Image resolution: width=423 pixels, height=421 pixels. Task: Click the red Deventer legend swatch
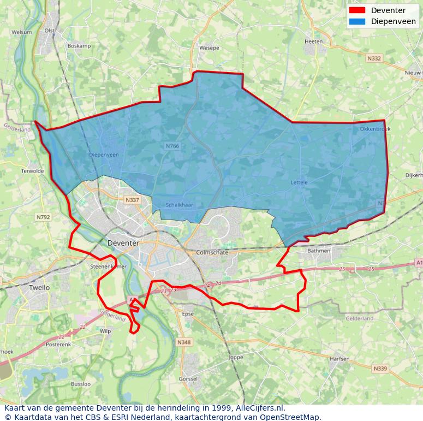357,10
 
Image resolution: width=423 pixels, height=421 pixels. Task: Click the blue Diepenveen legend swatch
357,22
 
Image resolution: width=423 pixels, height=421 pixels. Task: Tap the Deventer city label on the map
123,243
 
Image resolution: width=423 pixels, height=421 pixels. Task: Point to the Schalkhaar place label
180,205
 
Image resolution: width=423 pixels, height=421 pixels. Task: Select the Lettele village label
299,182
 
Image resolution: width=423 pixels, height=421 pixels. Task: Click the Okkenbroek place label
375,129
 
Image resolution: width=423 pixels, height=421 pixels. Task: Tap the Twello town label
39,287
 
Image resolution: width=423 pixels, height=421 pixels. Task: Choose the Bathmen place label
319,251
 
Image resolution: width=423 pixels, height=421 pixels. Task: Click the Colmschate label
211,253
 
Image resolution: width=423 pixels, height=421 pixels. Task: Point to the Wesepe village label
209,48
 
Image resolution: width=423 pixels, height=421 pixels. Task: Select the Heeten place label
314,41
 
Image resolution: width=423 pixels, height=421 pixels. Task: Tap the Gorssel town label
188,379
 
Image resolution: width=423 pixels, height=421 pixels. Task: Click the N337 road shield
133,200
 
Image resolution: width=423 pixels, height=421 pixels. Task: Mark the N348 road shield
184,342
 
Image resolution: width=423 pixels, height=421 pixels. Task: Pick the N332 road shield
374,58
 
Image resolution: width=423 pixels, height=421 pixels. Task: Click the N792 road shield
43,217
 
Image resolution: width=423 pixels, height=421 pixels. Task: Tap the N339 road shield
380,369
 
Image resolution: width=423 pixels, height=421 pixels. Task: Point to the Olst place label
50,31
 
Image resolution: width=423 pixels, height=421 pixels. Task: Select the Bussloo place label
81,384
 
